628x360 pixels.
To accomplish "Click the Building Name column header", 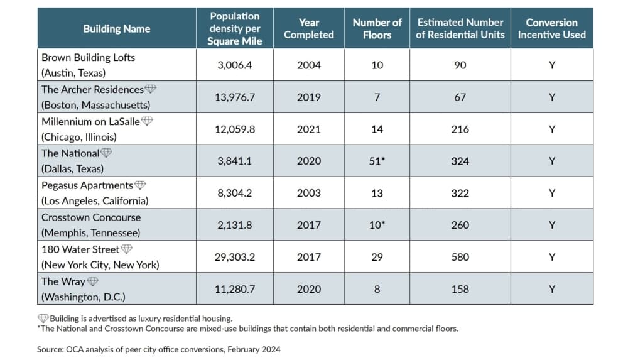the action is click(117, 29).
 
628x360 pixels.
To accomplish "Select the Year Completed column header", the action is click(309, 28).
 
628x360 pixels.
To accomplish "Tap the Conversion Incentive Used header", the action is click(551, 28).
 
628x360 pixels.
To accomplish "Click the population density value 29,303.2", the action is click(235, 257).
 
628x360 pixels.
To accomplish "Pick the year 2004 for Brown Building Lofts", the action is click(309, 65).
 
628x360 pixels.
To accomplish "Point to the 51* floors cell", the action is click(377, 161).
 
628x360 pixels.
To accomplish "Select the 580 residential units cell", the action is click(460, 257).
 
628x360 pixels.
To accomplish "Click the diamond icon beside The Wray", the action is click(92, 281).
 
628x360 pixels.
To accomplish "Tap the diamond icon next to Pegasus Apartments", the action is click(140, 185).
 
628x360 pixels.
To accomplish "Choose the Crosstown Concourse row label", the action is click(91, 225).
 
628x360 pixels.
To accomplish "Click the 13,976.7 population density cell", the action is click(235, 97).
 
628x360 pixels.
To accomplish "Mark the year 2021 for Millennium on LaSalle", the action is click(309, 129).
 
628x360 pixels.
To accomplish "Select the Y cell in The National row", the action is click(552, 161).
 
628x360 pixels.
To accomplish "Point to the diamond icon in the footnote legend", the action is click(43, 319).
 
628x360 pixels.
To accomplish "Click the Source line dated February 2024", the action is click(159, 349).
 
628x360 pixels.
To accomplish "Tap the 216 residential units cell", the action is click(460, 129).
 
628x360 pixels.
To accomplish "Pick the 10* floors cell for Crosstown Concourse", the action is click(377, 225).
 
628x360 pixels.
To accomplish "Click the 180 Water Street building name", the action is click(80, 249).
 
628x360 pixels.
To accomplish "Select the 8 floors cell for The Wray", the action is click(377, 289).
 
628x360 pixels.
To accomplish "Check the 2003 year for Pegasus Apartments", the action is click(309, 194).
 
